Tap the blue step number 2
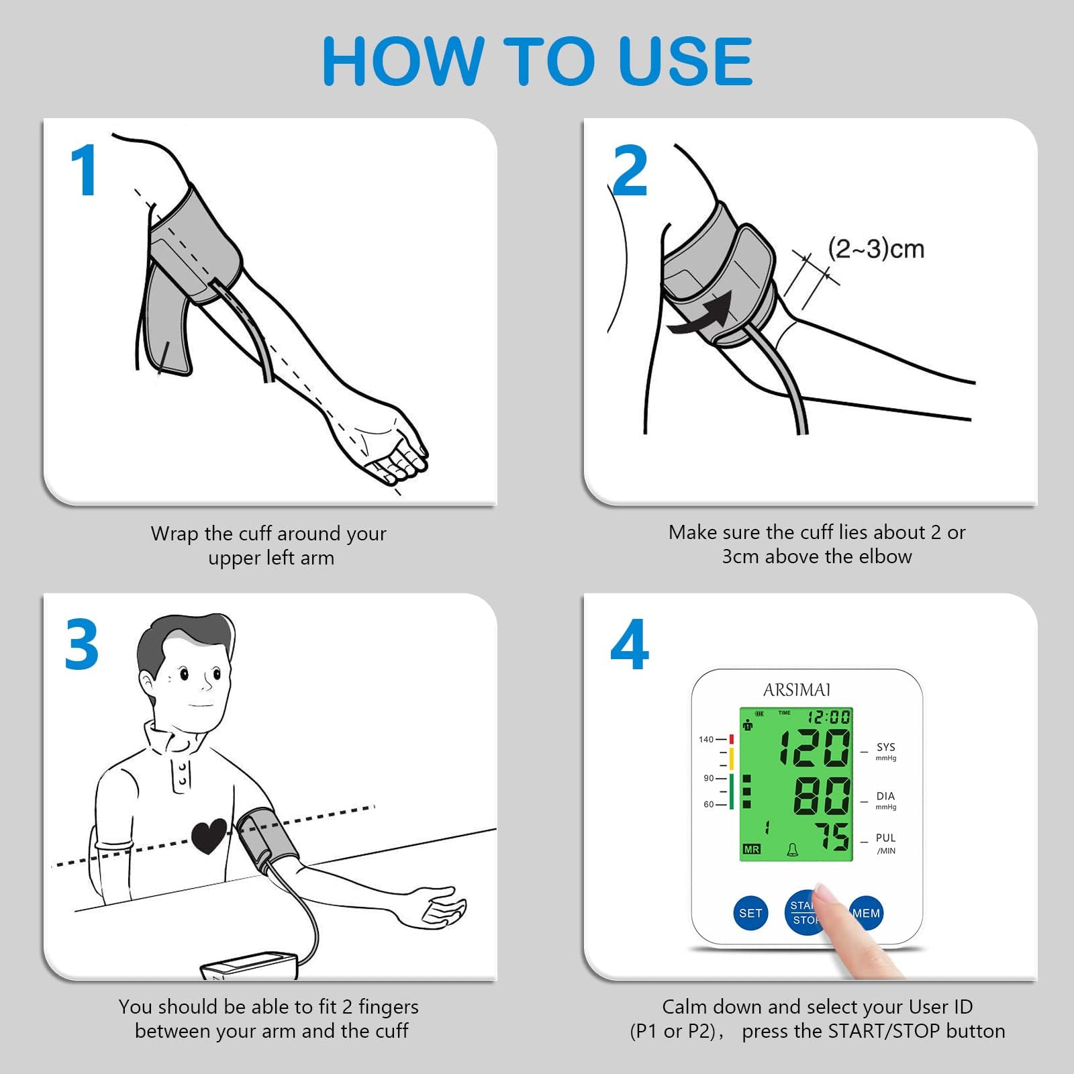click(630, 170)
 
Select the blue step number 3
click(82, 644)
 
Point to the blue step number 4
click(630, 644)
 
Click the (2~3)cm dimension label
click(876, 249)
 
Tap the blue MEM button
click(866, 913)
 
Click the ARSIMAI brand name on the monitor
click(797, 690)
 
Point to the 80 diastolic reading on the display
click(822, 797)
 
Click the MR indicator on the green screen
click(752, 850)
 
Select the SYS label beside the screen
click(886, 747)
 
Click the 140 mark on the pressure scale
click(706, 740)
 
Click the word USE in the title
click(685, 62)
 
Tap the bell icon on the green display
click(793, 850)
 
